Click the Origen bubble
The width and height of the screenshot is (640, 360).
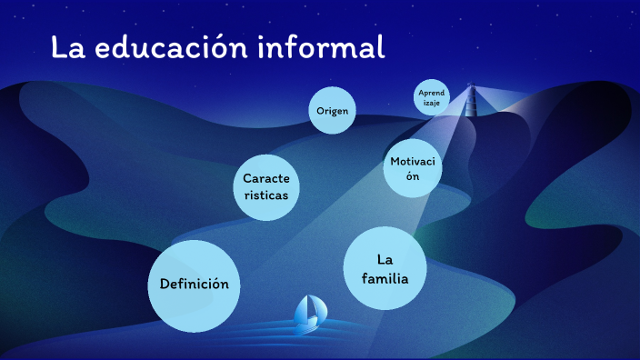click(332, 111)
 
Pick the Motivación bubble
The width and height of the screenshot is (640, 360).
click(413, 168)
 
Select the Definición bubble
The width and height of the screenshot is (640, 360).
click(194, 285)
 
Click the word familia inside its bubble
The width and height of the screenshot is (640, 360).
click(384, 278)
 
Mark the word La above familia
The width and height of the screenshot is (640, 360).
click(384, 259)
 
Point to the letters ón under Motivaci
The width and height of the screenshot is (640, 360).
click(413, 177)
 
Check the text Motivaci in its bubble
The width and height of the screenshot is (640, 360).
click(413, 161)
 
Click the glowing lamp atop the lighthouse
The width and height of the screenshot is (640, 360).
click(471, 87)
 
